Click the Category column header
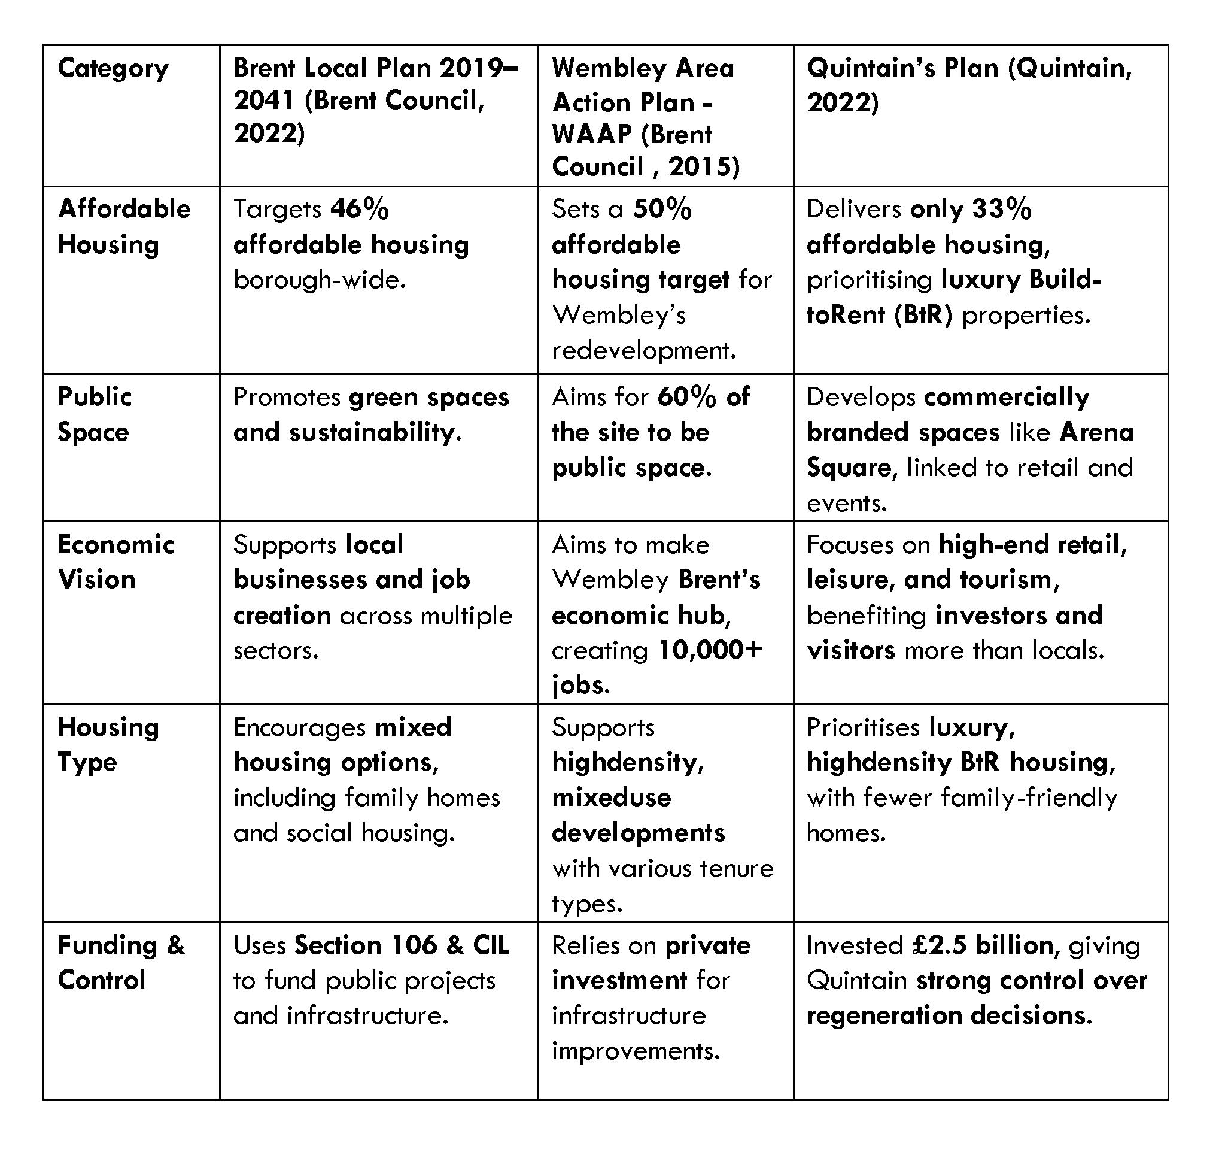point(113,68)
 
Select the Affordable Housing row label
point(124,226)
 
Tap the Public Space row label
point(95,414)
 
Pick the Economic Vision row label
point(116,562)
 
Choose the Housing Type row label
point(108,745)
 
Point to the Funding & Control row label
point(121,962)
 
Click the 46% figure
point(359,210)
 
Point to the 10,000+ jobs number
point(710,650)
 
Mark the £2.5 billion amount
point(983,945)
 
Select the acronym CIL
point(491,945)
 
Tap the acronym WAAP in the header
point(591,134)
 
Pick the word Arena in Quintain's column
point(1096,432)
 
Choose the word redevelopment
point(643,351)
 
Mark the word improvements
point(636,1051)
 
